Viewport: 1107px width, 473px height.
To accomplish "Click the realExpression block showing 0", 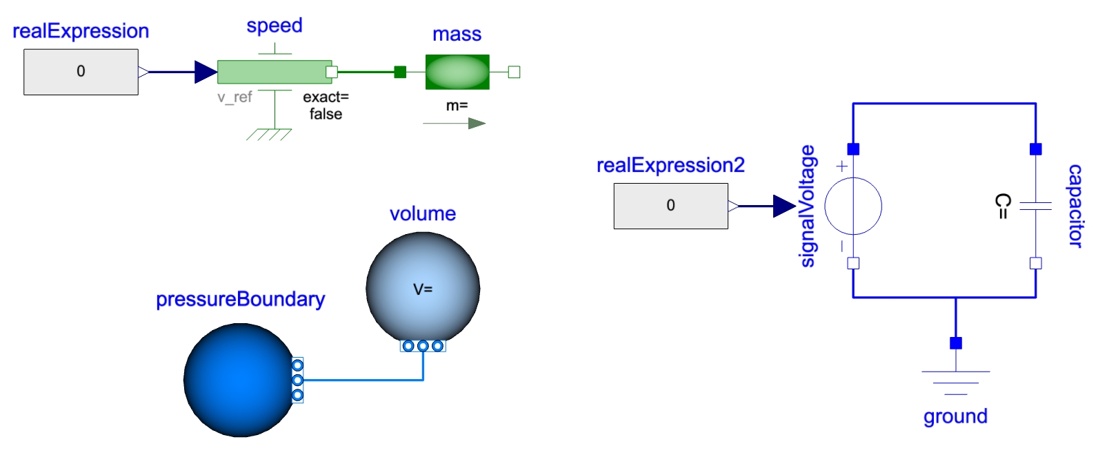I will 81,72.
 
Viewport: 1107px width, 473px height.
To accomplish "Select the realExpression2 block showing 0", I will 670,206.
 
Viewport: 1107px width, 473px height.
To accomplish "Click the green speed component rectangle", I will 274,72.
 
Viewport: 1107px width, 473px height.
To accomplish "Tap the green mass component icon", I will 457,72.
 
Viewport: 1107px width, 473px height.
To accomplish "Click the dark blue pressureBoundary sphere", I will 239,380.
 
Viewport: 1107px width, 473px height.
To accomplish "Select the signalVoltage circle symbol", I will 853,206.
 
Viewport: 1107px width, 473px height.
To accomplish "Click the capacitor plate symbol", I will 1035,205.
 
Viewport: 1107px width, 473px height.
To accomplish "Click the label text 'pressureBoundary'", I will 240,300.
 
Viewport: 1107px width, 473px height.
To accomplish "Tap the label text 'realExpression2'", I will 670,166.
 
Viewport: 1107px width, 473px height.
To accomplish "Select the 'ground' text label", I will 955,416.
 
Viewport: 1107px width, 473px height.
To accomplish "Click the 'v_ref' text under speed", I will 235,97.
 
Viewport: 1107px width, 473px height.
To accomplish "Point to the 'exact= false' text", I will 326,106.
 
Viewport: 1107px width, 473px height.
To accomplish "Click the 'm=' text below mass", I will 457,106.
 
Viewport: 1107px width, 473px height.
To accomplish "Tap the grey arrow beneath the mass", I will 455,124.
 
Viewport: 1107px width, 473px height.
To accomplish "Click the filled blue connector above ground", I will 955,343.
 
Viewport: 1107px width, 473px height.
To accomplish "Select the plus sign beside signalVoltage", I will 841,166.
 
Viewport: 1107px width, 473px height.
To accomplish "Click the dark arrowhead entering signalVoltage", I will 784,206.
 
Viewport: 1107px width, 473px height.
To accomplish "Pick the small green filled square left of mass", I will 400,72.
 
